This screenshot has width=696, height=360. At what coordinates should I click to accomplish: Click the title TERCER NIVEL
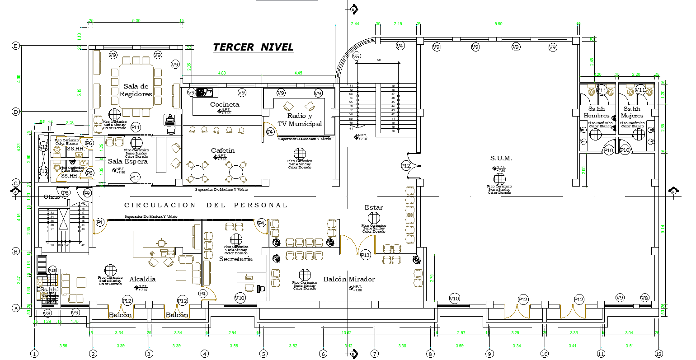(253, 47)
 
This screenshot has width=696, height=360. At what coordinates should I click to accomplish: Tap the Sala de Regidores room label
(136, 90)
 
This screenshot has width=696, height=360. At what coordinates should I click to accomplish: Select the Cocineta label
(225, 104)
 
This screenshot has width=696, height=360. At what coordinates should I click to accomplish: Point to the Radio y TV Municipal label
(300, 120)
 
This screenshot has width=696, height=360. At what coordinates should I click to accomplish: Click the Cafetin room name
(223, 150)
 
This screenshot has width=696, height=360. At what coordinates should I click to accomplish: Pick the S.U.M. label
(501, 158)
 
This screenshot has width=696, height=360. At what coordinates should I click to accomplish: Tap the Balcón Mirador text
(349, 279)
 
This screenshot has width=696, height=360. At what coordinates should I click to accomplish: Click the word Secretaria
(236, 259)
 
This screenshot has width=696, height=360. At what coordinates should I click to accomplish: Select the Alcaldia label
(142, 279)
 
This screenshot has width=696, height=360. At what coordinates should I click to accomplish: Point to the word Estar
(374, 207)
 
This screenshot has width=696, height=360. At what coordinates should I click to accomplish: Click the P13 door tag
(365, 255)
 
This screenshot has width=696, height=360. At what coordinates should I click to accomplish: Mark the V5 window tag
(356, 56)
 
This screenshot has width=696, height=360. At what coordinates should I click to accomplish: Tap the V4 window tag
(400, 46)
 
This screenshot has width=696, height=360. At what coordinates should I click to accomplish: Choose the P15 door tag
(52, 271)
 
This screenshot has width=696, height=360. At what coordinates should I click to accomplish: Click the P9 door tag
(87, 193)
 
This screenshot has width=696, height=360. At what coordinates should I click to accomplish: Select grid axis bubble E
(16, 46)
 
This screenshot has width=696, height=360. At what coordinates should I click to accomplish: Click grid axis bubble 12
(659, 354)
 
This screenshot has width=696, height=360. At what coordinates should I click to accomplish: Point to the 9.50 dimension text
(498, 23)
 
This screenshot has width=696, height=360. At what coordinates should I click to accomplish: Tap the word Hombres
(597, 116)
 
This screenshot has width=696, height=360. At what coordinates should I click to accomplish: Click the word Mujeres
(632, 116)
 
